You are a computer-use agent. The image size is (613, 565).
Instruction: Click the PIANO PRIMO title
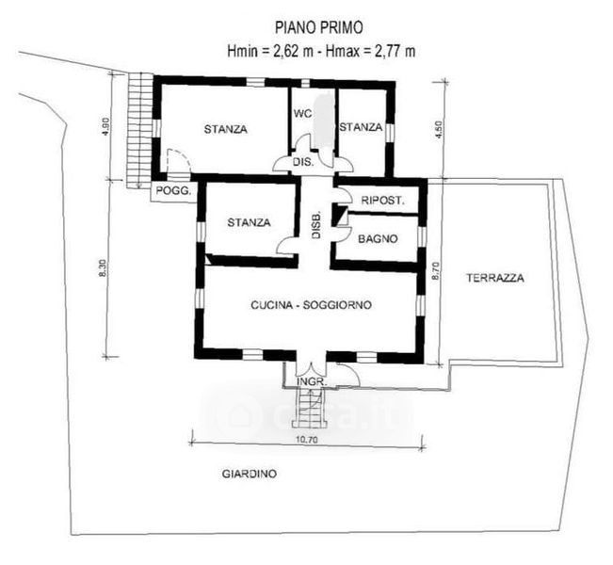[x=318, y=27]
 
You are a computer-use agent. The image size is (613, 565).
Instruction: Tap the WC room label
[x=302, y=114]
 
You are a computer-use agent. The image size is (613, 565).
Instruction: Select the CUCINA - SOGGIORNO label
[x=311, y=305]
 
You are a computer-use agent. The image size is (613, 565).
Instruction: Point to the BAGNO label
[x=378, y=238]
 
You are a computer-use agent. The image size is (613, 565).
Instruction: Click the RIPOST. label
[x=382, y=201]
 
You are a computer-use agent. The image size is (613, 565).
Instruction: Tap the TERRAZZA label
[x=495, y=278]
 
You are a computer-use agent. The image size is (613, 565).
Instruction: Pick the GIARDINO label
[x=250, y=474]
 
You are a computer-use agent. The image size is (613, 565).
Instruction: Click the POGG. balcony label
[x=173, y=191]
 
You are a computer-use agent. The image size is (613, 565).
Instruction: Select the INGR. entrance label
[x=312, y=382]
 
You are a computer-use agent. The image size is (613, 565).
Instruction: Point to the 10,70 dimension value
[x=307, y=440]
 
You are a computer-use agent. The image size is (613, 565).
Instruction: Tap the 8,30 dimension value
[x=103, y=268]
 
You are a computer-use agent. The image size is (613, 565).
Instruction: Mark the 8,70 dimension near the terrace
[x=437, y=270]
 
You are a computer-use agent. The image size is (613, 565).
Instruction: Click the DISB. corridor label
[x=316, y=226]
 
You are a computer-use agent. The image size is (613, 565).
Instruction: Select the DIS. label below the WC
[x=303, y=162]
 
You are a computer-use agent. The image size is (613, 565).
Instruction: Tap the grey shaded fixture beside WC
[x=324, y=119]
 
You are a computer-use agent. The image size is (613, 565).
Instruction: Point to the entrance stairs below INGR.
[x=309, y=408]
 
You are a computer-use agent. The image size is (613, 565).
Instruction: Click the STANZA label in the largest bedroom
[x=226, y=129]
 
